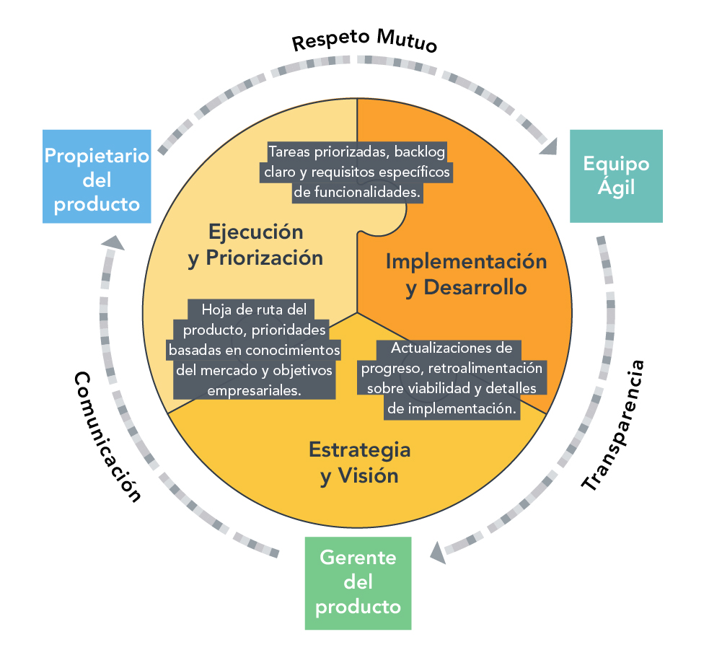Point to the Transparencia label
click(612, 425)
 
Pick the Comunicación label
click(107, 436)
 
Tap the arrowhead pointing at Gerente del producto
click(437, 553)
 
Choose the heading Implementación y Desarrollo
click(465, 273)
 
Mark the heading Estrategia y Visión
click(359, 462)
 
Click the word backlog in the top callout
click(419, 152)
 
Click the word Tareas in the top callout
click(288, 152)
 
